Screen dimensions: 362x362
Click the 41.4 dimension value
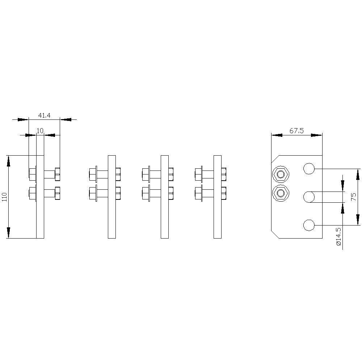click(44, 115)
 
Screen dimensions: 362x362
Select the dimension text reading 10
click(40, 131)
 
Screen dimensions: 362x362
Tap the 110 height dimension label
click(5, 197)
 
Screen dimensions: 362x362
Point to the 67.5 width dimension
click(297, 131)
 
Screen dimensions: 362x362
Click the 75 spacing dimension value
click(353, 197)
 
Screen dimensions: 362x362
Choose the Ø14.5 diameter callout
click(339, 236)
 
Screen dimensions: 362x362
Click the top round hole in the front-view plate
click(309, 169)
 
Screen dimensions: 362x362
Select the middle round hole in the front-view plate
click(309, 197)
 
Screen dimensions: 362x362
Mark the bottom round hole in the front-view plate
click(309, 225)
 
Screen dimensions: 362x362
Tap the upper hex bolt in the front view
click(281, 174)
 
